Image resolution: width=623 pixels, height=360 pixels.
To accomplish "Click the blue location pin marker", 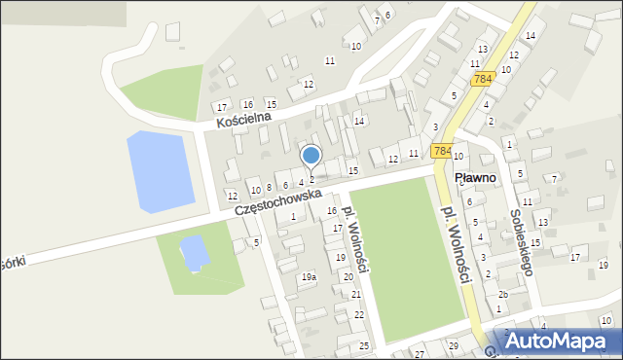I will tap(311, 156).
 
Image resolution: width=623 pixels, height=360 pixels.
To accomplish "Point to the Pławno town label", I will tap(476, 178).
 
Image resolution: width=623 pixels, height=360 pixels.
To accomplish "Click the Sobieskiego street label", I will tap(521, 242).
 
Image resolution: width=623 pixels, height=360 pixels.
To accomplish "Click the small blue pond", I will tap(194, 252).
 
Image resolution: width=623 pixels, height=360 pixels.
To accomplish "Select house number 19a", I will tap(309, 277).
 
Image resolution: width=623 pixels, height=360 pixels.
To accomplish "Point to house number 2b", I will tap(503, 294).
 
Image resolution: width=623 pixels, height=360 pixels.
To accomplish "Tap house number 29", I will tap(453, 346).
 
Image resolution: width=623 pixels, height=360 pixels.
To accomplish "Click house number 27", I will tap(419, 354).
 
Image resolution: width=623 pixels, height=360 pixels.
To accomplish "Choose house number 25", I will tap(364, 346).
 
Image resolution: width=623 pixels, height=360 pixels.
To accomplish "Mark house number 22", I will tap(359, 314).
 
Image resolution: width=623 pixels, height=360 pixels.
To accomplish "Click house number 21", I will tap(356, 294).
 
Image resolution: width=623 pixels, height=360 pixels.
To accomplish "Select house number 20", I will tap(348, 276).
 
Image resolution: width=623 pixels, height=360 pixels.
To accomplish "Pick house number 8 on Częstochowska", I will tap(269, 186).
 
